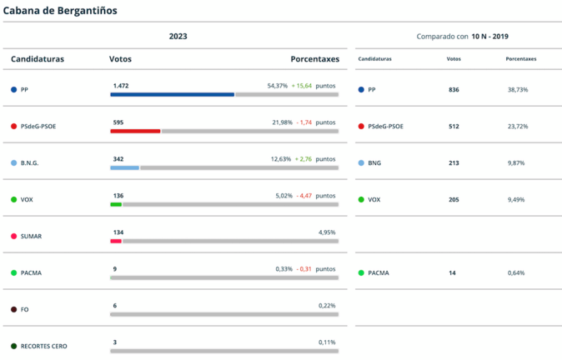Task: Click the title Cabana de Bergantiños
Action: click(x=60, y=11)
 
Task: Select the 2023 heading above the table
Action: click(x=178, y=37)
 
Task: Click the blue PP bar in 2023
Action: click(x=172, y=94)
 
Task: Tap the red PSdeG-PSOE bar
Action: click(x=135, y=131)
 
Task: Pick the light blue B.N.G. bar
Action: click(x=124, y=167)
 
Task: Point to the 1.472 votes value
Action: click(x=121, y=86)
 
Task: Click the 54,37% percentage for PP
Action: click(x=278, y=86)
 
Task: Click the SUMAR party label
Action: click(x=31, y=236)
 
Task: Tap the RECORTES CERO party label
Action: click(x=43, y=346)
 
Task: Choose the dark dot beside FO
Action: click(x=13, y=309)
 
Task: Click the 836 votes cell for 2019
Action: click(x=454, y=89)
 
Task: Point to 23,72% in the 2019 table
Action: click(x=517, y=126)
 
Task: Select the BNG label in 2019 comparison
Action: click(x=374, y=162)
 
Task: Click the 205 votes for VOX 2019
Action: click(x=454, y=199)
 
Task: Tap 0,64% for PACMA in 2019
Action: click(x=517, y=272)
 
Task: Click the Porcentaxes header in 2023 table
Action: click(x=314, y=59)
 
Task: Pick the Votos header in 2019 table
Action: click(x=454, y=59)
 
